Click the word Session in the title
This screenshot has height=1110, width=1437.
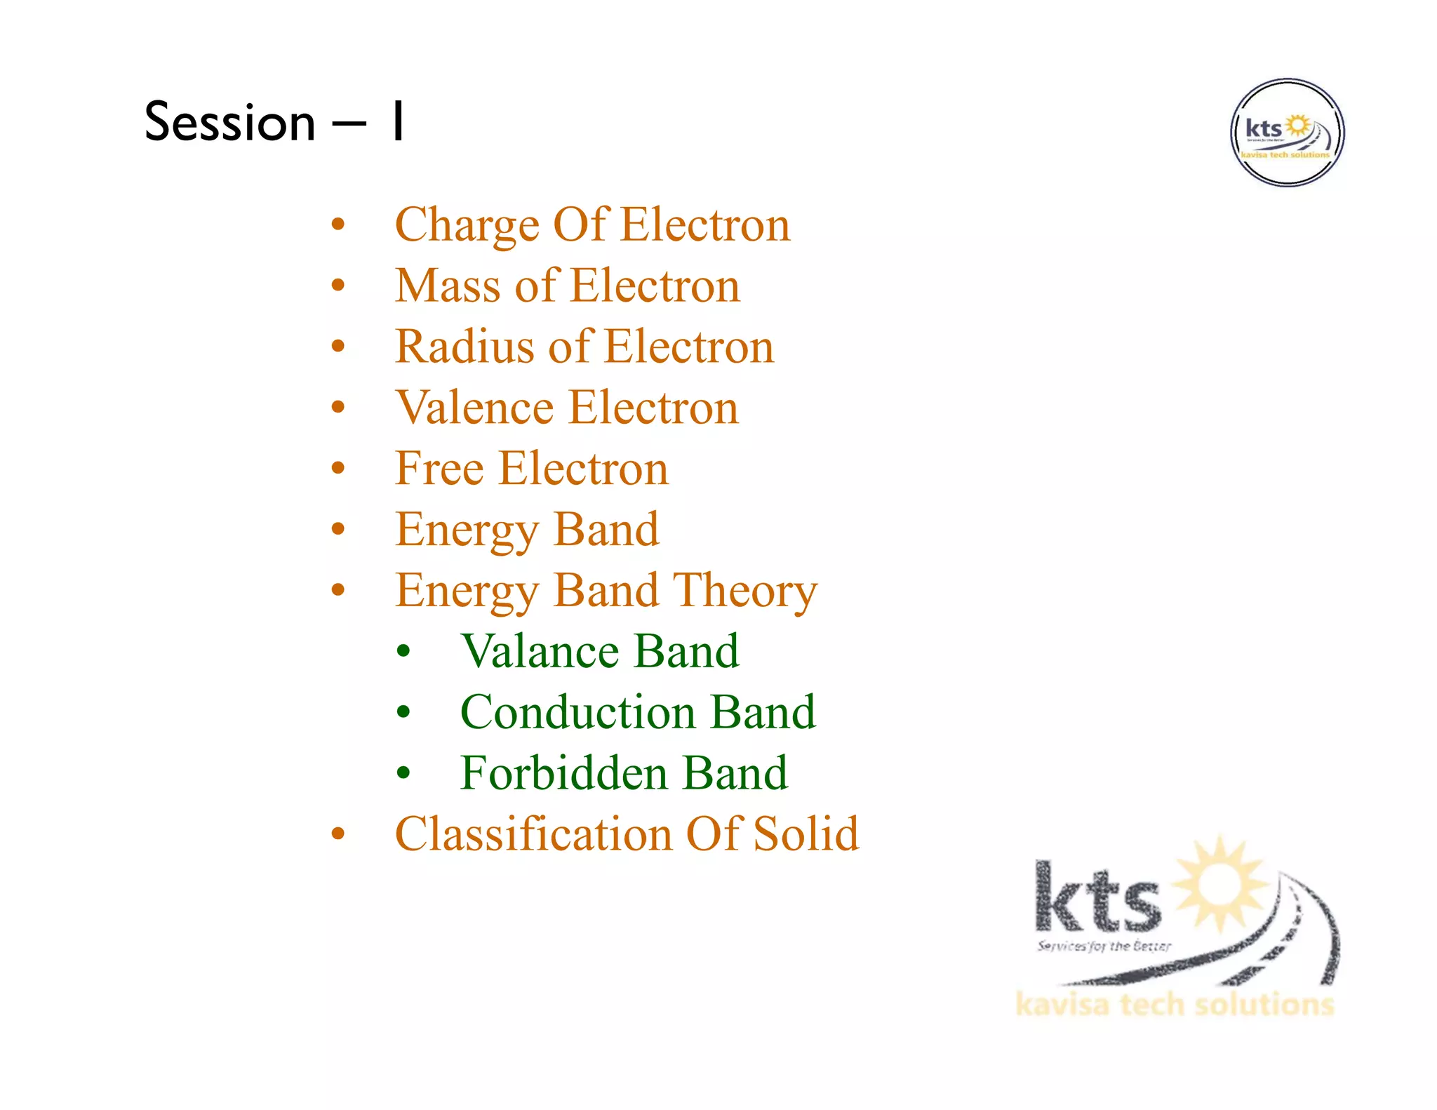click(229, 122)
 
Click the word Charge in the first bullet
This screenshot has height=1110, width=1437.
click(466, 225)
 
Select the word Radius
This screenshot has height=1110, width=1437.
click(464, 347)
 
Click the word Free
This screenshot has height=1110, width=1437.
click(439, 469)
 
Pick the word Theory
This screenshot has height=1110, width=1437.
click(745, 591)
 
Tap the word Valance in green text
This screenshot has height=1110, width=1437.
click(538, 652)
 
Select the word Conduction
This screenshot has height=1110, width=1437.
click(577, 713)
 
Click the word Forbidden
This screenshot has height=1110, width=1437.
click(563, 774)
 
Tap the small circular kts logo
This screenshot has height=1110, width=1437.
click(1287, 133)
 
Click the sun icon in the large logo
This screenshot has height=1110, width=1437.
click(1221, 884)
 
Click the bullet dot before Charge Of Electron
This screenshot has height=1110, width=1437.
click(338, 225)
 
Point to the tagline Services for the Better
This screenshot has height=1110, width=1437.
click(1104, 946)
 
